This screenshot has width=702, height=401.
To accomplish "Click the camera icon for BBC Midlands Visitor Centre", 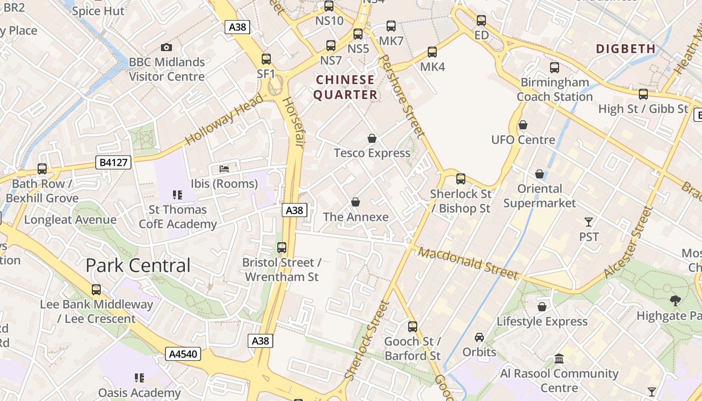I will click(166, 48).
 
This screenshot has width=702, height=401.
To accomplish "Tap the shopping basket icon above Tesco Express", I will click(372, 138).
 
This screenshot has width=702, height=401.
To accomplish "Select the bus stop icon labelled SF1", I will click(266, 59).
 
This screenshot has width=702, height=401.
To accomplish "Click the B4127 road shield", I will click(113, 162).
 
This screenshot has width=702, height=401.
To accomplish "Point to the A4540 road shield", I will click(183, 354).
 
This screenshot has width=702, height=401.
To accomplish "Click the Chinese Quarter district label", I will click(345, 87).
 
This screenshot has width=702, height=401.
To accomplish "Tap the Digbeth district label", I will click(626, 49).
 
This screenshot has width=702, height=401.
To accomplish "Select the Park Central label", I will click(138, 265).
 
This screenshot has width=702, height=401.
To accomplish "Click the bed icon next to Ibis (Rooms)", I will click(224, 169).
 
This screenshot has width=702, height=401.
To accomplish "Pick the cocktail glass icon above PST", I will click(589, 222).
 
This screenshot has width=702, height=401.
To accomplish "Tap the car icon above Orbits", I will click(479, 337).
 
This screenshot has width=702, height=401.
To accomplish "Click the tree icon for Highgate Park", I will click(675, 301).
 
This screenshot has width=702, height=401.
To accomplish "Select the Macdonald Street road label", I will click(468, 263).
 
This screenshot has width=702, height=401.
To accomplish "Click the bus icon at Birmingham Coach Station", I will click(554, 68).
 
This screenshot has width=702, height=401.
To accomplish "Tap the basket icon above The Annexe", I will click(356, 202).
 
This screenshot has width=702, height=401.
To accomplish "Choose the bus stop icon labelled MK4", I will click(432, 52).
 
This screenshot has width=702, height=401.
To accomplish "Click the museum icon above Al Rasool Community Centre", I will click(559, 359).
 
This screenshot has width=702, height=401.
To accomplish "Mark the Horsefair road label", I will click(294, 122).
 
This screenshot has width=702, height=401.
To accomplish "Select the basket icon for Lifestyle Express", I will click(542, 307).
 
